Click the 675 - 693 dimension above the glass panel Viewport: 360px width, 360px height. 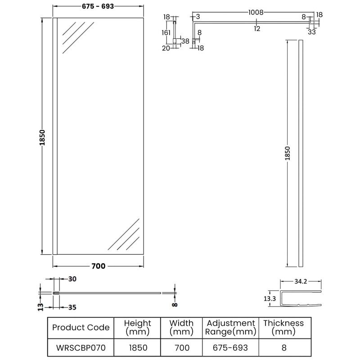[98, 6]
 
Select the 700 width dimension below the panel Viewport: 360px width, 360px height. [98, 266]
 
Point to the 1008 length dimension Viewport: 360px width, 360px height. [256, 13]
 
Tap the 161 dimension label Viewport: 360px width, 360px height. [166, 33]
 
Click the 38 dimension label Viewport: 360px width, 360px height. [185, 41]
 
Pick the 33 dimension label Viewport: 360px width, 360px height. [312, 31]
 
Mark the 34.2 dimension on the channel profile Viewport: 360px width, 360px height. [301, 282]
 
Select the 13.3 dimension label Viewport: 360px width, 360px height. [270, 298]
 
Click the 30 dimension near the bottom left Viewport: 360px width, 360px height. [72, 279]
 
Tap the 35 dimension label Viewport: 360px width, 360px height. [72, 308]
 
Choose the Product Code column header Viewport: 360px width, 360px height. [81, 327]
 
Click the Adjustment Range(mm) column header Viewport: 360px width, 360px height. [230, 327]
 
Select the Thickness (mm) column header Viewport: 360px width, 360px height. [283, 327]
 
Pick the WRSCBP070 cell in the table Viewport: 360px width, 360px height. [81, 348]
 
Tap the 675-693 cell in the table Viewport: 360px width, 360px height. [230, 348]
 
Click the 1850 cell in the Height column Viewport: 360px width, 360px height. [137, 348]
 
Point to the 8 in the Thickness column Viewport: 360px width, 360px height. [283, 348]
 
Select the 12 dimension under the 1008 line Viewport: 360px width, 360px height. [257, 29]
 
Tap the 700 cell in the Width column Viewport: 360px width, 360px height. [182, 348]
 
